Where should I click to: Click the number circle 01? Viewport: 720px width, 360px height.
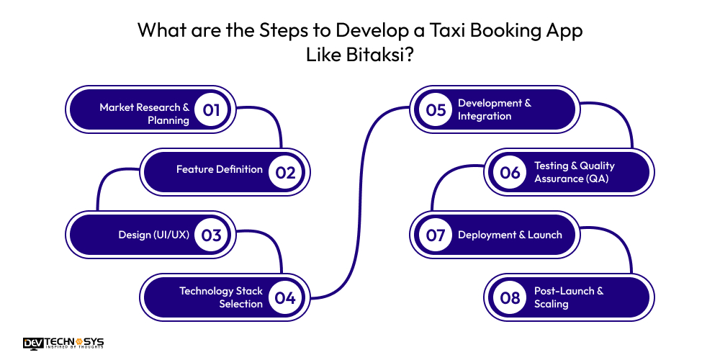211,110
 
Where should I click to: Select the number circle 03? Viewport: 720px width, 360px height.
211,235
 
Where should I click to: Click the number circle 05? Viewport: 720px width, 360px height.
436,110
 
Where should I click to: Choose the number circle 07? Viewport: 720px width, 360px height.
436,235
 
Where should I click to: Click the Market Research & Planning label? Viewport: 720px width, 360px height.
144,114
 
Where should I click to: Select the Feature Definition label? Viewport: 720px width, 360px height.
220,170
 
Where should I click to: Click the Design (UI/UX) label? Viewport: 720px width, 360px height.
153,235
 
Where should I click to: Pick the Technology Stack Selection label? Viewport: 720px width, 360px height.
221,297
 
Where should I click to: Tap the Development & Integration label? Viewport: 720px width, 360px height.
495,109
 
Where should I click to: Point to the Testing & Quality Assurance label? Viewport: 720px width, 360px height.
575,172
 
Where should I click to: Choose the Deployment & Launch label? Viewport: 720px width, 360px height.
510,235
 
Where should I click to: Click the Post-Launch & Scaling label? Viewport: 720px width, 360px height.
569,297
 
